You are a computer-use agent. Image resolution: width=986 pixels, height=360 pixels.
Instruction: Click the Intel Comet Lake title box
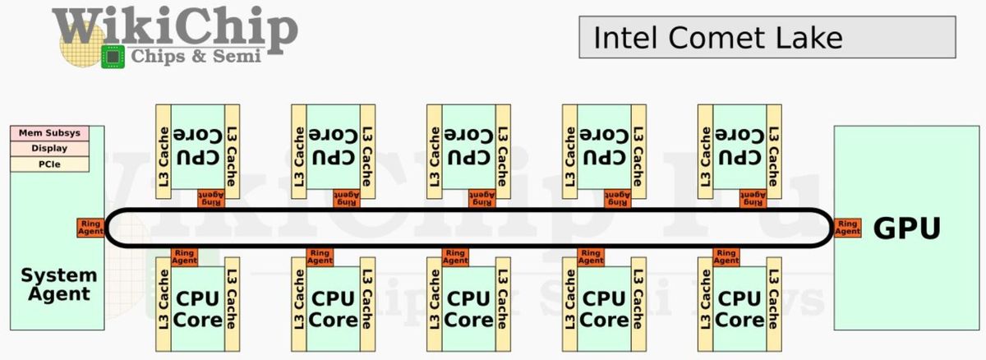click(767, 37)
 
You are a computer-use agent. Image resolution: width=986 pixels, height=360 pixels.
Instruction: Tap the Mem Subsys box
click(50, 133)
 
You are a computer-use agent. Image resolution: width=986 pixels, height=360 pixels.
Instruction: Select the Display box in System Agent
click(50, 148)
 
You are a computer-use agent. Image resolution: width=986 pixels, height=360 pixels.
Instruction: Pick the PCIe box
click(50, 164)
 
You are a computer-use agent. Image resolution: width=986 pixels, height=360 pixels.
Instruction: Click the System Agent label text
click(59, 284)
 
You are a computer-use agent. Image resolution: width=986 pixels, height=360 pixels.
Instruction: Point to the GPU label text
click(907, 228)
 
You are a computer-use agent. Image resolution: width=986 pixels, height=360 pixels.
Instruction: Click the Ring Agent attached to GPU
click(847, 228)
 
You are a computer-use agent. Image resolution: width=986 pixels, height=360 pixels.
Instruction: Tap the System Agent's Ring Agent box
click(90, 228)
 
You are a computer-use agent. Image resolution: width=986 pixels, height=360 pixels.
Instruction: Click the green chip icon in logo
click(113, 57)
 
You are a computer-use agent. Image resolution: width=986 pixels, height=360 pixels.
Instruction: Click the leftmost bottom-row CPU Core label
click(198, 309)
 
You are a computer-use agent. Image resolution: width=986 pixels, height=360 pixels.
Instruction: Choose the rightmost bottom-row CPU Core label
click(739, 309)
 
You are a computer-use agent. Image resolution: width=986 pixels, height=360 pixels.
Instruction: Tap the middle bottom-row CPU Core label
click(468, 309)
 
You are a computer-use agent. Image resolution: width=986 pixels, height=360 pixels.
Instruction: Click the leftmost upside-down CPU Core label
click(198, 146)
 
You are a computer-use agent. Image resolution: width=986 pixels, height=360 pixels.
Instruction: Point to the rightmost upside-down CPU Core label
click(739, 146)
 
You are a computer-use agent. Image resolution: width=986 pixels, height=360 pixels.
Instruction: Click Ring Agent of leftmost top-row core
click(211, 198)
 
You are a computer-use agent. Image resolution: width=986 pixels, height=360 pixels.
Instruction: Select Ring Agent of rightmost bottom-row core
click(726, 257)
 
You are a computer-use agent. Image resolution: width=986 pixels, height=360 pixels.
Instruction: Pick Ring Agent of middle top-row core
click(482, 198)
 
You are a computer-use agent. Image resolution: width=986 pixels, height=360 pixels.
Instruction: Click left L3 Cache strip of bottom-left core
click(164, 305)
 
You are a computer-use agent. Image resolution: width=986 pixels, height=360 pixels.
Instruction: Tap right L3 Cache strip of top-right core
click(774, 151)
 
